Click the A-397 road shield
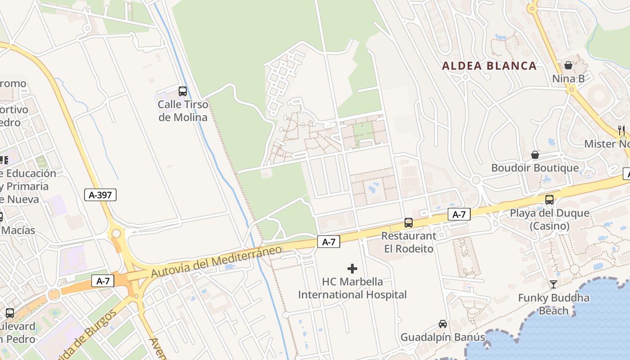(100, 195)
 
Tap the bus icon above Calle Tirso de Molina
(182, 91)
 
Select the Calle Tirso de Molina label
(183, 111)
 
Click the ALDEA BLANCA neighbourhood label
(490, 66)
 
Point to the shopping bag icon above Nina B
(568, 66)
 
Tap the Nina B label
(568, 79)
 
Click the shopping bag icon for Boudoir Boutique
(535, 155)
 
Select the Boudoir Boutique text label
(535, 168)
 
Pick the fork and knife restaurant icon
(621, 130)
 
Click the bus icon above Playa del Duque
(549, 200)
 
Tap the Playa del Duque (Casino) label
(549, 220)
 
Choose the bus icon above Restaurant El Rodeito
(409, 222)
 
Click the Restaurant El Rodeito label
(409, 242)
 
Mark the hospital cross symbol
(352, 269)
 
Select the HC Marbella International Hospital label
(352, 288)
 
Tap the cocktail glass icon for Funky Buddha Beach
(553, 284)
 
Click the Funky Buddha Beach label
(553, 304)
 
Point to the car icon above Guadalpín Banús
(443, 324)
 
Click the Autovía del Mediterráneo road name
(216, 261)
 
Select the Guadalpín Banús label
(443, 337)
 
